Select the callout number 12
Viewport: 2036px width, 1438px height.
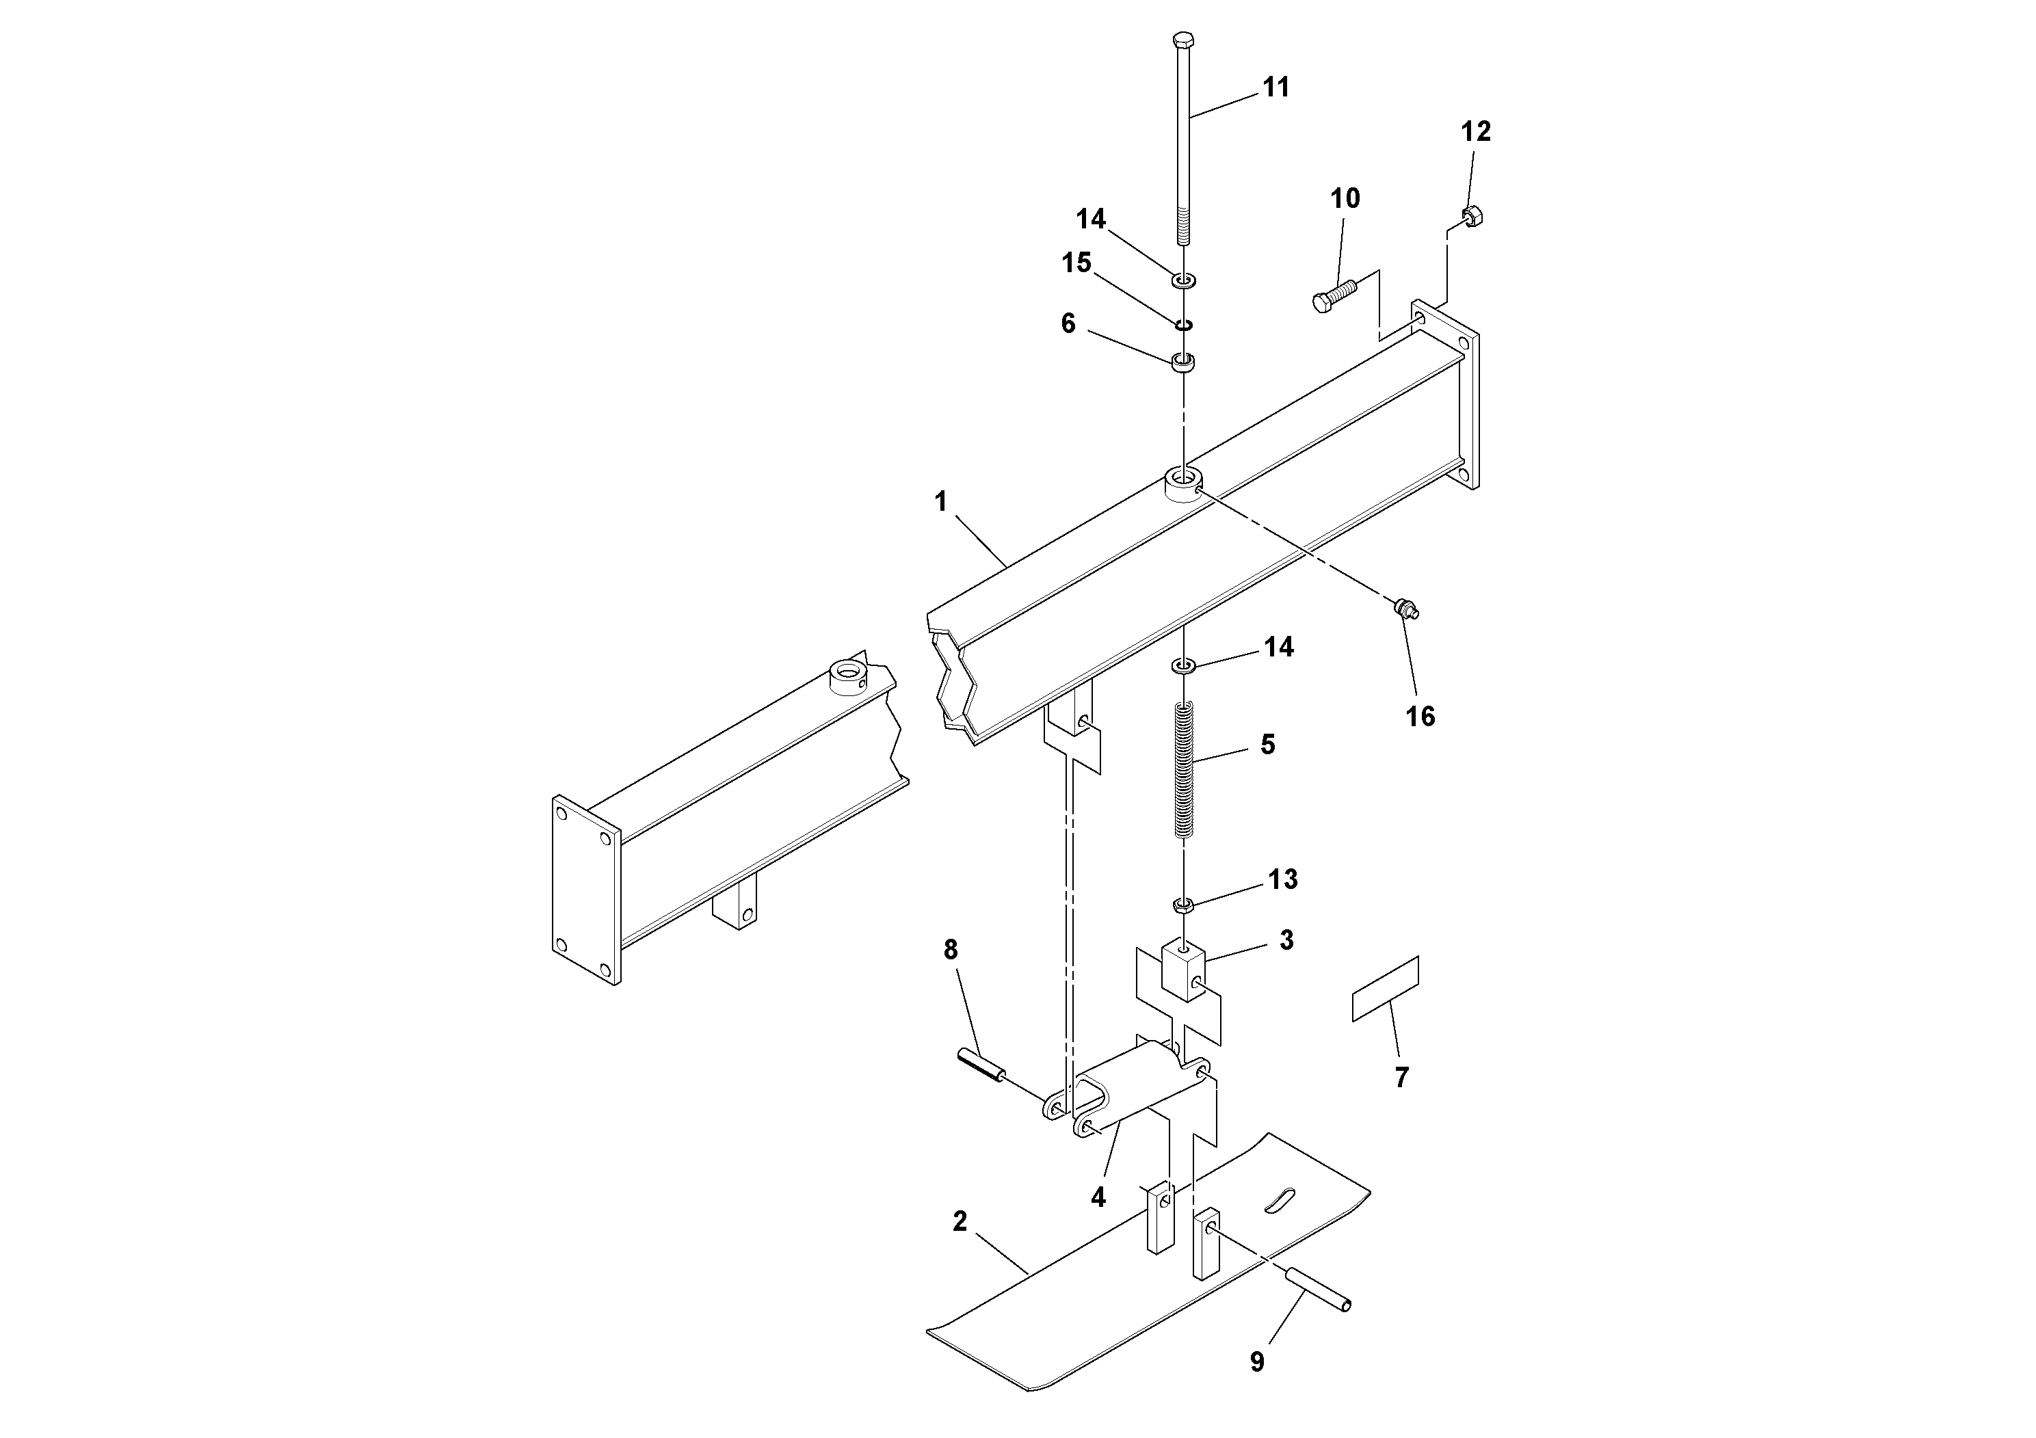pyautogui.click(x=1476, y=132)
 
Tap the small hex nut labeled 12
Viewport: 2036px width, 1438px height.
pyautogui.click(x=1472, y=215)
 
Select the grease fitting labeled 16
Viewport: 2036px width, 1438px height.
pyautogui.click(x=1405, y=609)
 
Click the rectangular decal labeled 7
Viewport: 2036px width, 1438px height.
pyautogui.click(x=1385, y=989)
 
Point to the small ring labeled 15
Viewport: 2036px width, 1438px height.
pyautogui.click(x=1184, y=325)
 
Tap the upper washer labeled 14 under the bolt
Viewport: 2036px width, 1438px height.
pyautogui.click(x=1184, y=280)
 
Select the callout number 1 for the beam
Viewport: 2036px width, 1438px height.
pyautogui.click(x=941, y=503)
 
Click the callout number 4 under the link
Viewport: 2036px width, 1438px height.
pyautogui.click(x=1098, y=1198)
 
